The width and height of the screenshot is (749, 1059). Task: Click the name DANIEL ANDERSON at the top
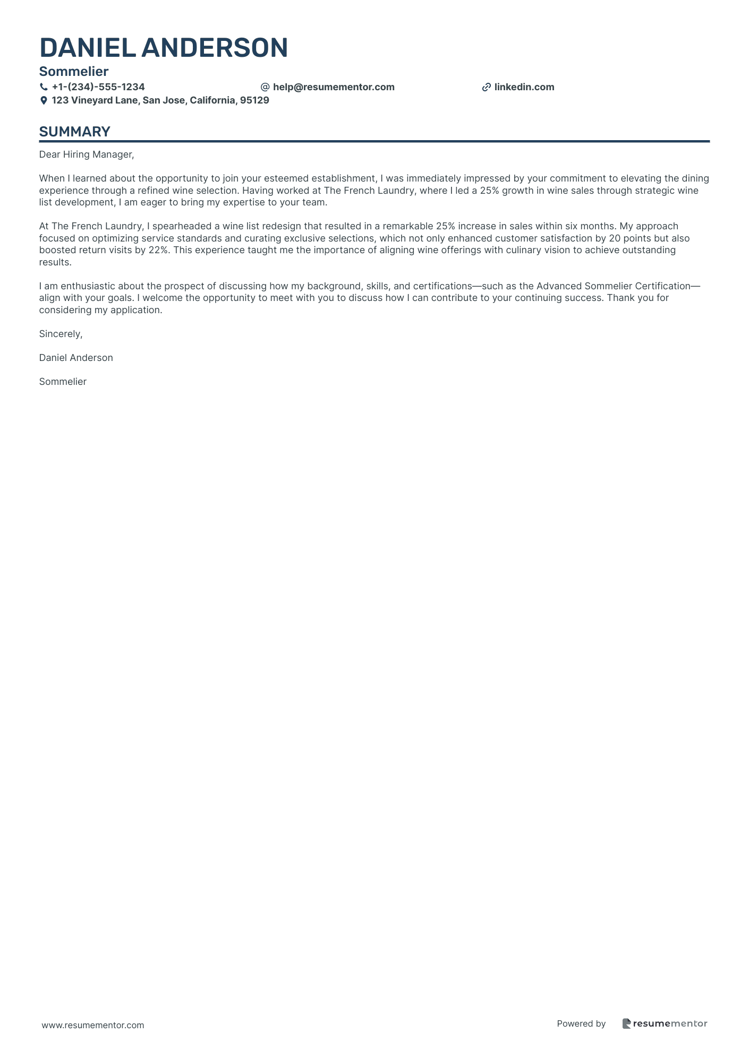[164, 48]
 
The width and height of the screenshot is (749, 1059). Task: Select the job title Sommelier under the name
[74, 71]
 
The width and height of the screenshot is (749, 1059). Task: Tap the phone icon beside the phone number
[44, 87]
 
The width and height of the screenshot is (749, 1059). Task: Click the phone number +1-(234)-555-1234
[98, 87]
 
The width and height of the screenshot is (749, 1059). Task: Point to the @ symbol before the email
[265, 87]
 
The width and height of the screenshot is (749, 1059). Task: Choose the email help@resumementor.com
[334, 87]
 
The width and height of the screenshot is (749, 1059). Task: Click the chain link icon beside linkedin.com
[486, 87]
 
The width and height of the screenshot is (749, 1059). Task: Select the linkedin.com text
[524, 87]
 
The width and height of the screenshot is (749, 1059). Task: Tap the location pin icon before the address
[44, 100]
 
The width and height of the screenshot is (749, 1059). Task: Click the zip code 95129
[254, 100]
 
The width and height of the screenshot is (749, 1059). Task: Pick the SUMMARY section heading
[75, 132]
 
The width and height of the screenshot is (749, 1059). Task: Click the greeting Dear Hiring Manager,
[87, 154]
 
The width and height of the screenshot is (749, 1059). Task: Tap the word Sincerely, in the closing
[61, 334]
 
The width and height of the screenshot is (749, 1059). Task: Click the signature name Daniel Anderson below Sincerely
[76, 358]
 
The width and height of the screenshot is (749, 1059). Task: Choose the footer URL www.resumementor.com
[93, 1025]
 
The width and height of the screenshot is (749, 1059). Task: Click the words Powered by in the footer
[581, 1023]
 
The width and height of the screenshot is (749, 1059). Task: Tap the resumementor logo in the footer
[665, 1023]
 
